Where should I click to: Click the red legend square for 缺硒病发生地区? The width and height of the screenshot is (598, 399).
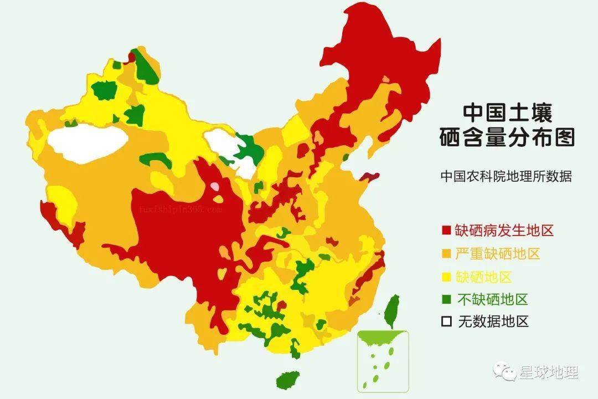tap(446, 231)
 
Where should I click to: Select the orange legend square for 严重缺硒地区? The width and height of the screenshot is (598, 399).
tap(446, 254)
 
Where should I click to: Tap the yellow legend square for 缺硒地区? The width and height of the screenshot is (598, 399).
tap(446, 277)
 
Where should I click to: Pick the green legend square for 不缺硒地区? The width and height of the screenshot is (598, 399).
tap(446, 300)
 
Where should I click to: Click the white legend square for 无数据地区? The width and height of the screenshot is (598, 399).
tap(446, 322)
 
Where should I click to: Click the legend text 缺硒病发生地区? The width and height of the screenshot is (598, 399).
tap(504, 231)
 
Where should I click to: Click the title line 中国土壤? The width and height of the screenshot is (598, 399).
tap(507, 112)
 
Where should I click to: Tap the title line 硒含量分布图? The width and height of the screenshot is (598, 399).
tap(507, 137)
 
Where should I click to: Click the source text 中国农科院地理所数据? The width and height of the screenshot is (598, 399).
tap(506, 177)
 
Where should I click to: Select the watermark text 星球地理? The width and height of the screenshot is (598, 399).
tap(548, 372)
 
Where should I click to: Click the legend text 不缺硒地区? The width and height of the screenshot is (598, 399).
tap(492, 300)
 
